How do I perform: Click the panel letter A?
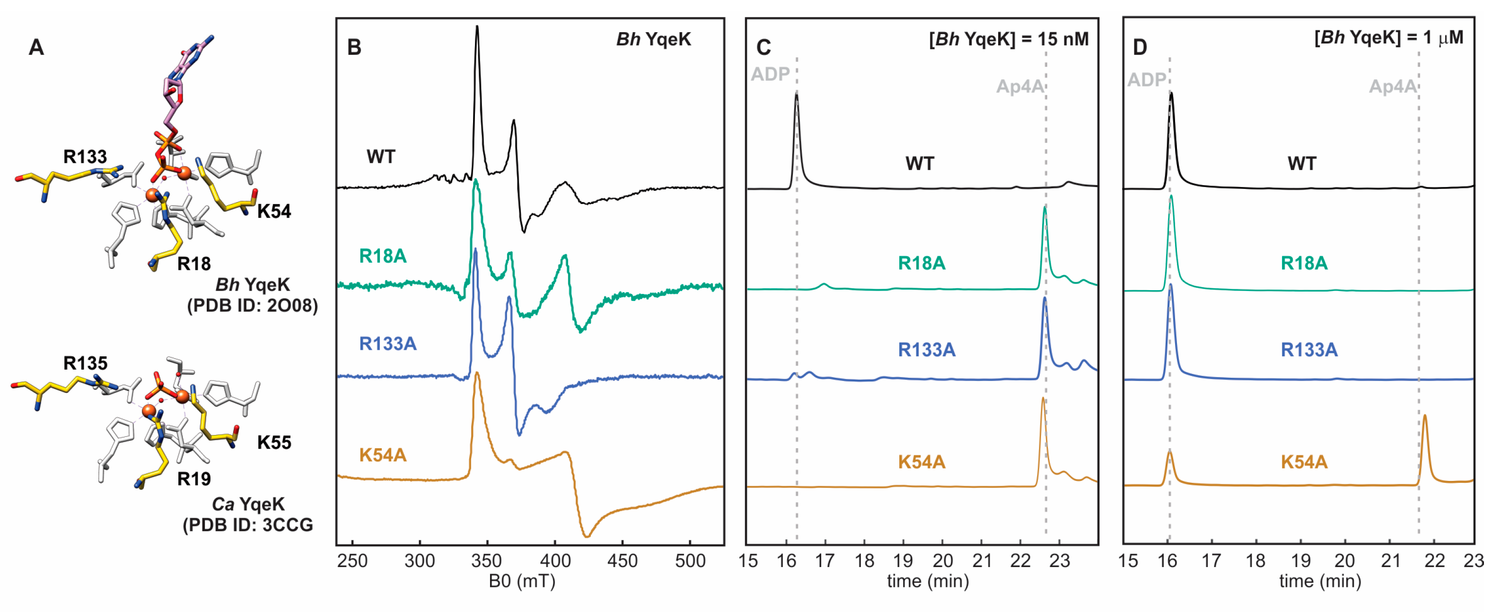pos(36,47)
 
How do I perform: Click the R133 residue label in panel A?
pos(85,157)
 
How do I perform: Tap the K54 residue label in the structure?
pos(274,212)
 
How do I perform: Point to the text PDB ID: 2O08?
pos(253,305)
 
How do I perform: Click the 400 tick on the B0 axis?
pos(555,560)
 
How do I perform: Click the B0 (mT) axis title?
pos(522,581)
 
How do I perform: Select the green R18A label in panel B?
pos(383,256)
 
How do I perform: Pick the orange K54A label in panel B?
pos(383,455)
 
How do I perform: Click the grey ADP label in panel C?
pos(770,74)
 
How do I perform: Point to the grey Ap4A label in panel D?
pos(1392,87)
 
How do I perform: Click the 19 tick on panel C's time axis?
pos(903,560)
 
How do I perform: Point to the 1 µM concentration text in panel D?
pos(1443,38)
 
